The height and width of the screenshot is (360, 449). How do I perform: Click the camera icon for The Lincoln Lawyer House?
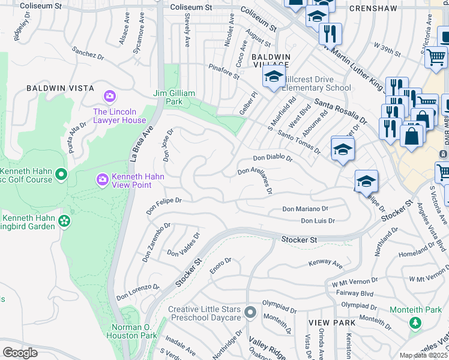click(109, 96)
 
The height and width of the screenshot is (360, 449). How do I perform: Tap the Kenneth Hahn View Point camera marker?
click(102, 179)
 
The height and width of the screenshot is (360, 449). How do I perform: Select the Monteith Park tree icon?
click(415, 323)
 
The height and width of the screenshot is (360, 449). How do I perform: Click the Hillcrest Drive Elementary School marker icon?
click(273, 77)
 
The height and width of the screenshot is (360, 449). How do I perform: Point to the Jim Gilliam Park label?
click(173, 97)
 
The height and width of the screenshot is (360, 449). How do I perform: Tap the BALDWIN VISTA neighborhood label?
click(61, 88)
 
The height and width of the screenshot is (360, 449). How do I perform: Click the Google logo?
click(20, 353)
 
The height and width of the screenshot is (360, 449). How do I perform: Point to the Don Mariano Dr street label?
click(305, 209)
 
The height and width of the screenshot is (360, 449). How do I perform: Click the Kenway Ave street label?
click(325, 263)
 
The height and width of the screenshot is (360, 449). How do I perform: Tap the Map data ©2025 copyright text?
click(423, 355)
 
